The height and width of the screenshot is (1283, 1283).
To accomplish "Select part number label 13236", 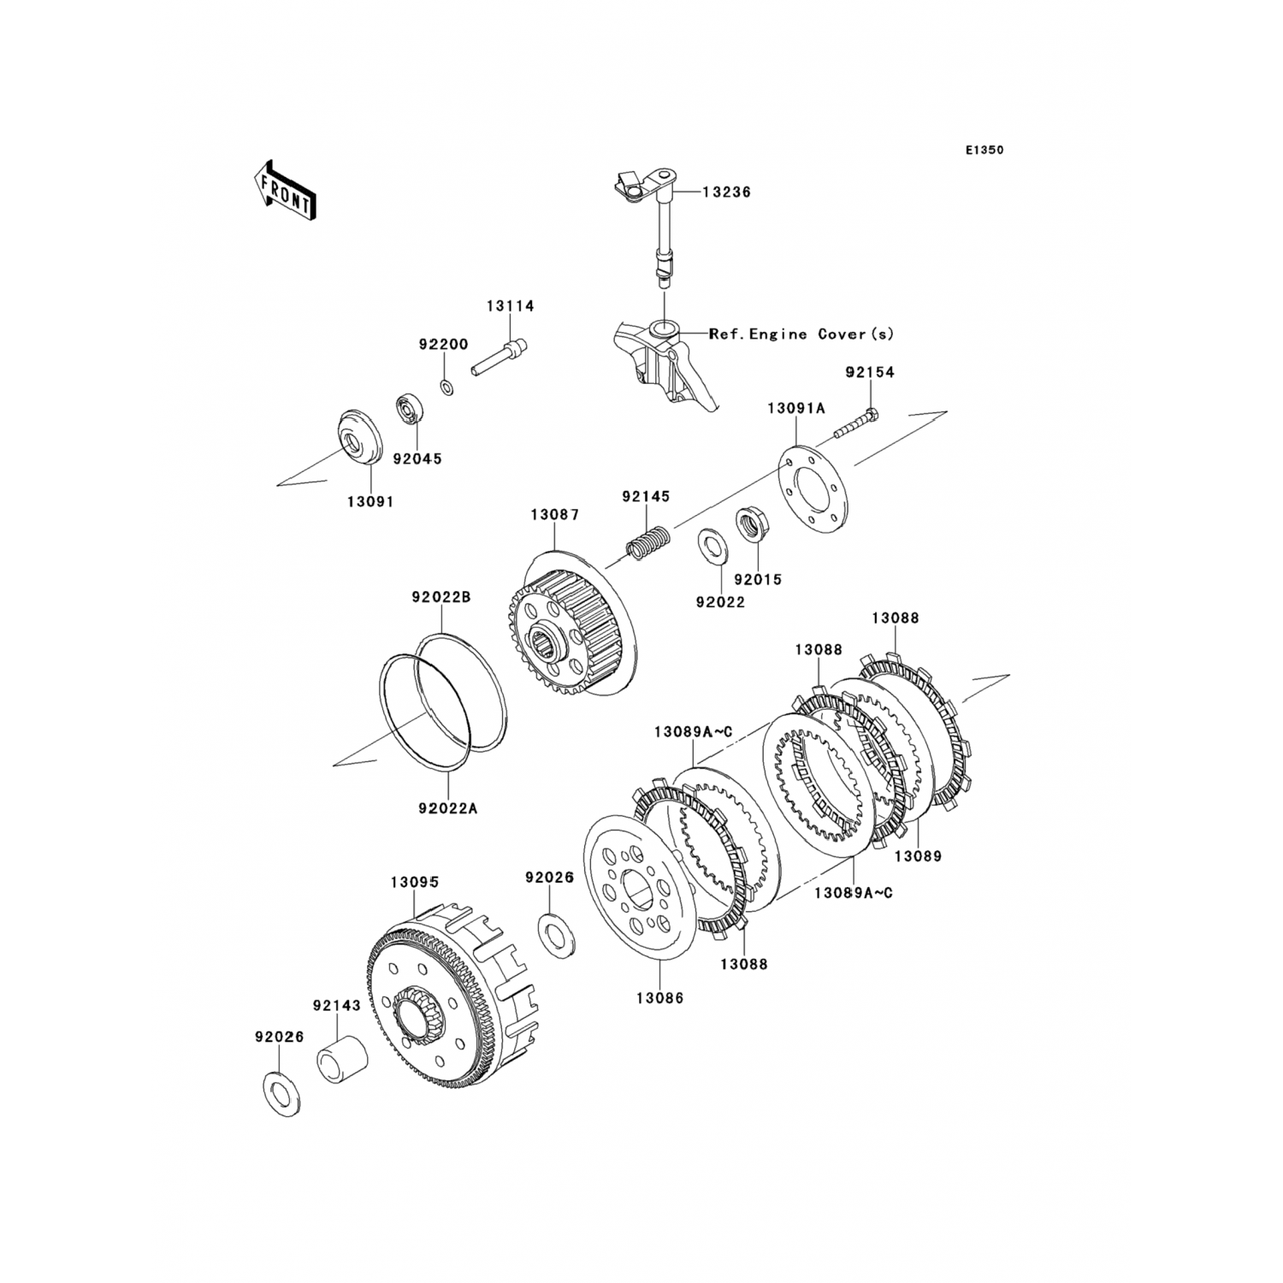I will coord(726,192).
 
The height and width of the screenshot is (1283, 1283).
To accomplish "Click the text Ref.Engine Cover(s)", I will coord(801,334).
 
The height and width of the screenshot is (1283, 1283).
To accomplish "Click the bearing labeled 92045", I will coord(411,411).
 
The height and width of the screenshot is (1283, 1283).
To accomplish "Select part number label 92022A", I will coord(448,807).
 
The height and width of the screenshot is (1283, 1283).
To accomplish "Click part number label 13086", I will coord(659,997).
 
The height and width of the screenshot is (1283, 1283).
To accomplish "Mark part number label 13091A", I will coord(795,409).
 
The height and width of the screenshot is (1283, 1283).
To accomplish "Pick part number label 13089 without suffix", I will coord(918,855).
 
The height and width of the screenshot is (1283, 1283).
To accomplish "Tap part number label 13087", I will coord(554,515).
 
